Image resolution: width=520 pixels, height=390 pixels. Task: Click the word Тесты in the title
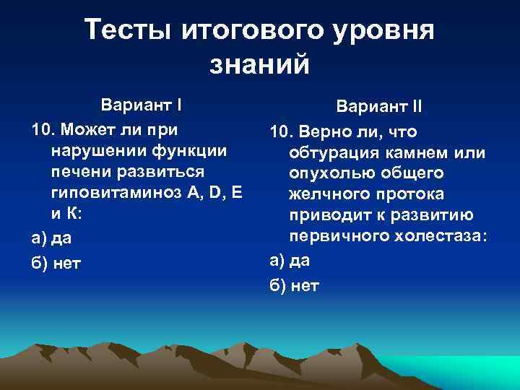126,30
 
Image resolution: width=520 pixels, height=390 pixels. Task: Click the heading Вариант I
141,103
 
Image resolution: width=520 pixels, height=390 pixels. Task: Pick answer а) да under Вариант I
52,237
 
